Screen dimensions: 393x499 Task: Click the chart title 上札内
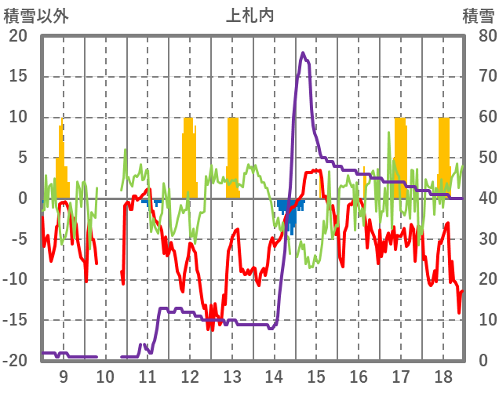(249, 15)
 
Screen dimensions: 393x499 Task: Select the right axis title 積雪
(477, 15)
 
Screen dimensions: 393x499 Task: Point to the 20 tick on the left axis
(17, 36)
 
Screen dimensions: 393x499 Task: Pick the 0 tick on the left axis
(22, 198)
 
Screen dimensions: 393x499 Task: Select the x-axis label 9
(64, 376)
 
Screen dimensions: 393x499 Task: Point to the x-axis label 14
(275, 376)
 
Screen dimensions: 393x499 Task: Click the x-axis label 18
(443, 376)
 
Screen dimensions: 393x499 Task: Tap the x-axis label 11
(148, 376)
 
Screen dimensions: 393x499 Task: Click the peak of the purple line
(303, 53)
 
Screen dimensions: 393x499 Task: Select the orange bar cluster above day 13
(232, 157)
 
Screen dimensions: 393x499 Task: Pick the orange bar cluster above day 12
(188, 157)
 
